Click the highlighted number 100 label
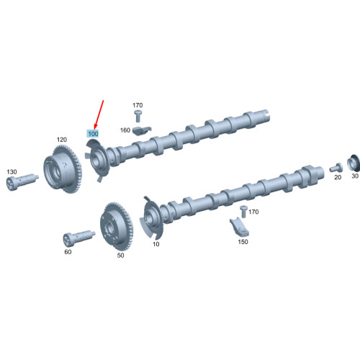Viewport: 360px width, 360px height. click(x=93, y=134)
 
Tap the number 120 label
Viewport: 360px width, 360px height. click(x=62, y=139)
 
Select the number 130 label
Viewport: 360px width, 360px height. click(x=12, y=171)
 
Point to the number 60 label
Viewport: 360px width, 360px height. click(x=68, y=252)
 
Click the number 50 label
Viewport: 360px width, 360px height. click(x=120, y=256)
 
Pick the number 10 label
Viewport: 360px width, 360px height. click(x=156, y=245)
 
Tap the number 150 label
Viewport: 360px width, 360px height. click(x=243, y=242)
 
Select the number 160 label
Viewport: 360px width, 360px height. click(x=125, y=130)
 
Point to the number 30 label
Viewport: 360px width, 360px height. click(x=354, y=176)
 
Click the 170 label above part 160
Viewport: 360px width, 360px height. click(x=138, y=106)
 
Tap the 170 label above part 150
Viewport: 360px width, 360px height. click(x=253, y=212)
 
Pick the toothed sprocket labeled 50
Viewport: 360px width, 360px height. click(x=115, y=225)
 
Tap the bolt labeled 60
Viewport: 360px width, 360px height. click(x=77, y=237)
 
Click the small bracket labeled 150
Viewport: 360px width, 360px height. click(x=240, y=225)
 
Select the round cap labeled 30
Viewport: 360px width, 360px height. click(x=354, y=162)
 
